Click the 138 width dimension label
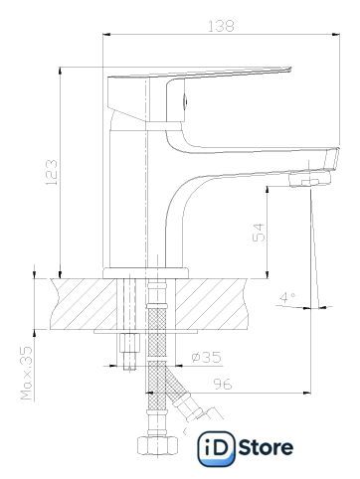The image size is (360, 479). click(x=221, y=26)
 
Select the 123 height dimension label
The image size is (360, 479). click(x=52, y=173)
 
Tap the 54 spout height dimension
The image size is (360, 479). click(x=259, y=233)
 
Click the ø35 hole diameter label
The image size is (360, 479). click(x=206, y=357)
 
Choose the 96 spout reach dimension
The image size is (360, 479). click(x=223, y=384)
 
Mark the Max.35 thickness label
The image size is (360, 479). click(x=27, y=373)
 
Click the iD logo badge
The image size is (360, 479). click(x=216, y=448)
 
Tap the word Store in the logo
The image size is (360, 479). click(x=266, y=448)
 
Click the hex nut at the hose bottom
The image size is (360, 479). click(x=158, y=445)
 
